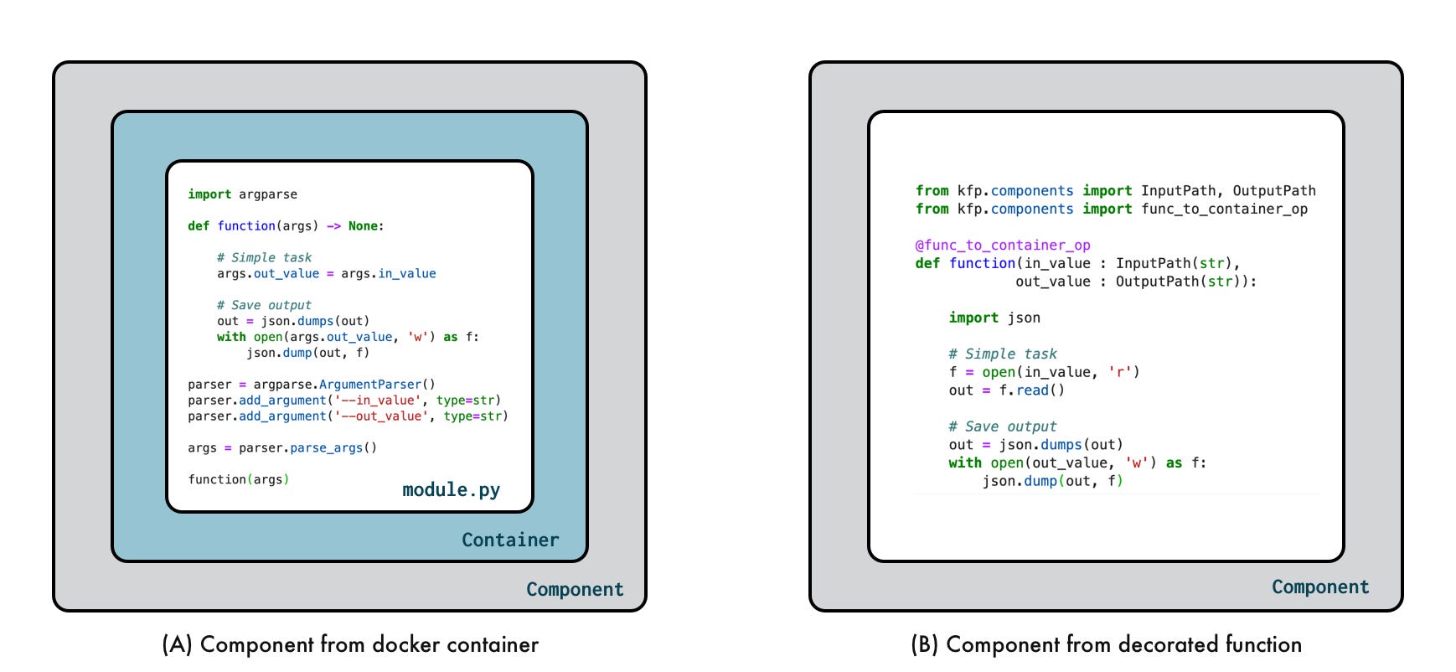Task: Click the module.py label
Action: click(x=451, y=489)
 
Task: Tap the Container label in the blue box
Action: click(x=509, y=540)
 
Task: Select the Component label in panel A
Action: click(x=575, y=589)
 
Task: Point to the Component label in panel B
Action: click(x=1319, y=587)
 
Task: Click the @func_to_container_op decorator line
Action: click(x=1002, y=245)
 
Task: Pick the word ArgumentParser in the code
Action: click(x=370, y=384)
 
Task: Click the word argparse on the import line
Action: click(x=268, y=194)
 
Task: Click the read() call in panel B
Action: click(x=1040, y=390)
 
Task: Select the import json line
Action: click(x=994, y=318)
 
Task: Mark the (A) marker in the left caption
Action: click(x=177, y=644)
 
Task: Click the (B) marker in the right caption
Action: click(x=925, y=644)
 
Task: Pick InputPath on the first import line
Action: click(x=1178, y=191)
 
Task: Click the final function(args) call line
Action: click(x=238, y=479)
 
